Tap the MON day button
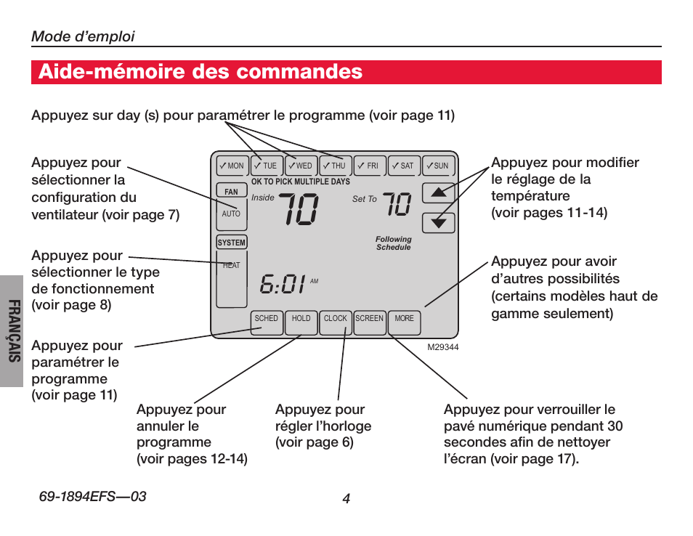click(x=232, y=166)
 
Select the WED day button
click(x=300, y=166)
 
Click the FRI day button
click(x=369, y=166)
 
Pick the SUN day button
click(x=438, y=166)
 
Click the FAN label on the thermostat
click(x=231, y=192)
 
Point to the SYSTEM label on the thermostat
click(x=232, y=243)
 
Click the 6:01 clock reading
click(x=283, y=283)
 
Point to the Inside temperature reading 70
click(x=298, y=210)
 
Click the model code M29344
click(x=443, y=347)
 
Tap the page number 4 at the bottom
click(x=346, y=498)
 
